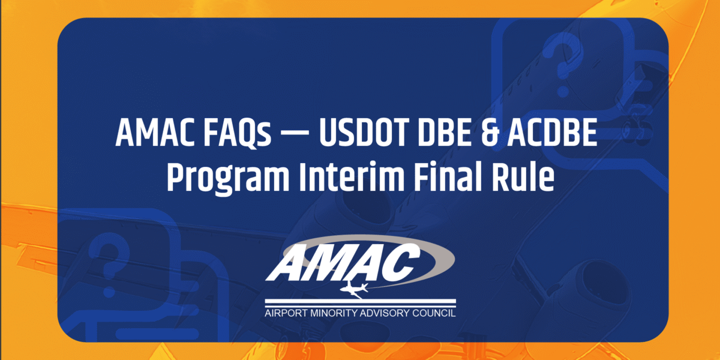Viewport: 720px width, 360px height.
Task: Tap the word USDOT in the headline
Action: click(363, 133)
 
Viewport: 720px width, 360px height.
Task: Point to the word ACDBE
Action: click(552, 133)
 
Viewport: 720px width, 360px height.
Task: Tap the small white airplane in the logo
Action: click(354, 289)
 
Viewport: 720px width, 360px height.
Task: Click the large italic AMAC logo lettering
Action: click(343, 262)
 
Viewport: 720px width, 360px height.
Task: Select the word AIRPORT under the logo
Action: click(286, 313)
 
